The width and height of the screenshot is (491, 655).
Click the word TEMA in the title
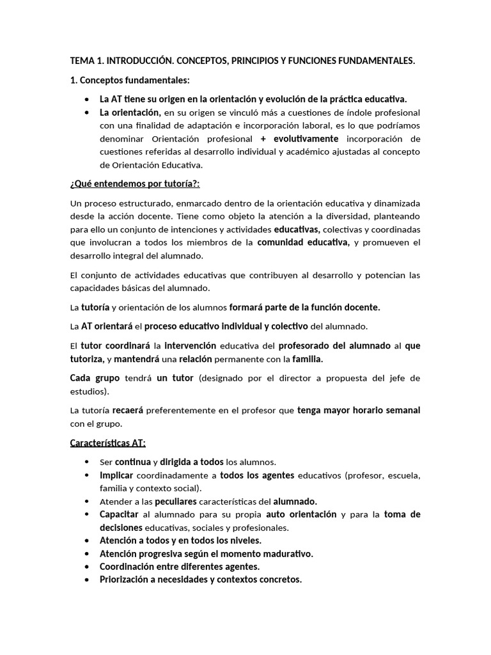tap(82, 61)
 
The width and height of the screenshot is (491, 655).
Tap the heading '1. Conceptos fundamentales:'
tap(130, 80)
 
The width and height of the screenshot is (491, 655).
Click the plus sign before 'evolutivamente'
tap(263, 139)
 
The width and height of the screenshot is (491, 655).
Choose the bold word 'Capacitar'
tap(119, 514)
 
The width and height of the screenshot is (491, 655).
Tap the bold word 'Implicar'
tap(116, 475)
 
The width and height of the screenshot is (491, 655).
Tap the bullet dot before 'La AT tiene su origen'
tap(87, 100)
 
